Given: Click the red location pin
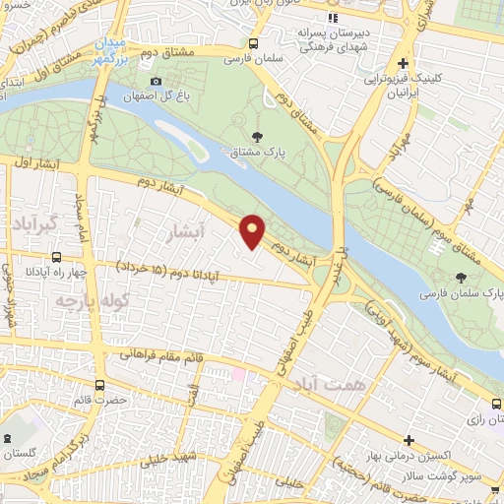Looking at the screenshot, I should coord(253,231).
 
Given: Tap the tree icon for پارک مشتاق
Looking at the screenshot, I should coord(258,137).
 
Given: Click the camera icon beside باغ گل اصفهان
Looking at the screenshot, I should coord(156,81).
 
